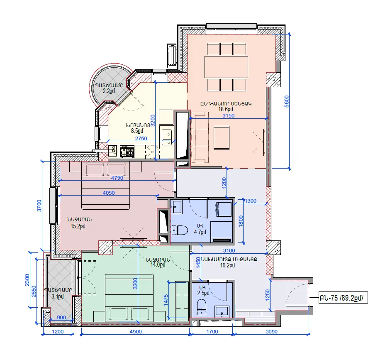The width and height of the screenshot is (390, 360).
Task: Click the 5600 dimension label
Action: (x=287, y=101)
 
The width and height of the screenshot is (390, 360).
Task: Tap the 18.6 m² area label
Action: (x=226, y=109)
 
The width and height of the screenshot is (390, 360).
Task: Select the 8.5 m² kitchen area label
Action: (x=137, y=131)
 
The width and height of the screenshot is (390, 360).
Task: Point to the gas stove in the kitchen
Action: (x=127, y=152)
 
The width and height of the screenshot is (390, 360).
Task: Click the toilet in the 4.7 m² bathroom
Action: (x=180, y=230)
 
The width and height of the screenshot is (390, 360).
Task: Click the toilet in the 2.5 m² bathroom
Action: (x=202, y=307)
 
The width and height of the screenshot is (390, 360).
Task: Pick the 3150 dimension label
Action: (x=228, y=115)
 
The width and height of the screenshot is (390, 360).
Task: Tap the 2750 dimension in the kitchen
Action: (x=141, y=138)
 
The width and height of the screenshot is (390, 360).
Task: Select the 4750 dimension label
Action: (x=117, y=178)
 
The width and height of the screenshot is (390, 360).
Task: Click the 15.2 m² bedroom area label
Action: (x=78, y=226)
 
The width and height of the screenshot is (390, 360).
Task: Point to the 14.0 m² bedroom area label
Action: (x=158, y=264)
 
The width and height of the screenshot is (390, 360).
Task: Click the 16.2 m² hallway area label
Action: (x=227, y=265)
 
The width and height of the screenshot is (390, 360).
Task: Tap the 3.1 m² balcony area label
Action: (x=58, y=296)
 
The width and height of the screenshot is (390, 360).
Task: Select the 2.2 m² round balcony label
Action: (x=109, y=91)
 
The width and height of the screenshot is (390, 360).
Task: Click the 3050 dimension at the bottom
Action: (x=271, y=332)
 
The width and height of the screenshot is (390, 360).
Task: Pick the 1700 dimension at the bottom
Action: (x=212, y=332)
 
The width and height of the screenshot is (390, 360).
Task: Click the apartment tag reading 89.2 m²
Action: (x=343, y=298)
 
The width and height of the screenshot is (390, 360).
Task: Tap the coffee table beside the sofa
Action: (x=222, y=138)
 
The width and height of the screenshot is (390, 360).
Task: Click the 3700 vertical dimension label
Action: (x=39, y=206)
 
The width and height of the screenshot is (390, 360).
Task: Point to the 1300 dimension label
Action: (x=250, y=201)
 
